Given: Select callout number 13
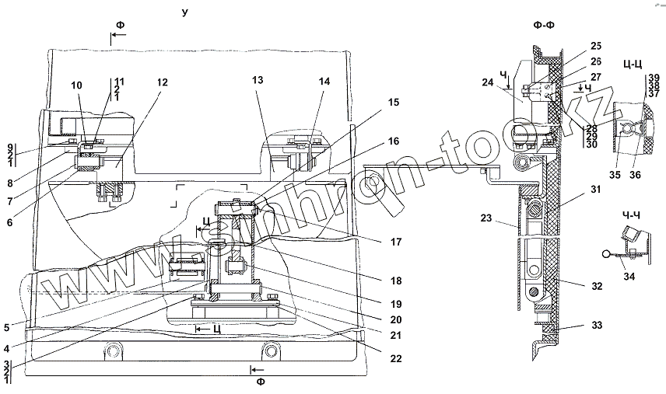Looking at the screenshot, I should pos(258,82).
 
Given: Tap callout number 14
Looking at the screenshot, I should pos(324,82).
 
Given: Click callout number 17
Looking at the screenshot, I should pos(397,242).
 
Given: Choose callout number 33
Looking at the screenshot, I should pos(596,325).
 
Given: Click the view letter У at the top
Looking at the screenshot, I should pos(184,13).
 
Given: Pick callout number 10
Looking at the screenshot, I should pos(76,85).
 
